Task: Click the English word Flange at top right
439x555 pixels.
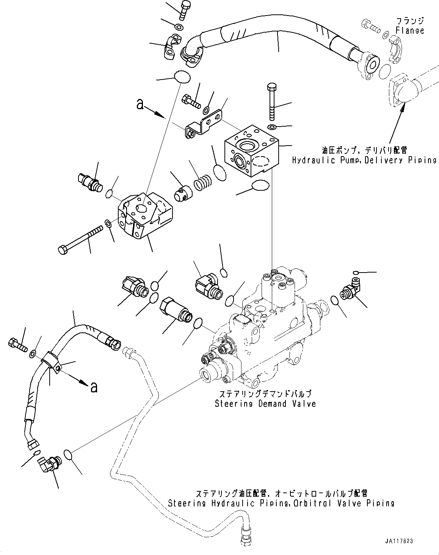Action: click(410, 31)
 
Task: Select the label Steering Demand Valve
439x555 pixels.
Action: click(265, 404)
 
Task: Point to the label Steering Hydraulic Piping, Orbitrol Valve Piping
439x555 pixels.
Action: click(281, 503)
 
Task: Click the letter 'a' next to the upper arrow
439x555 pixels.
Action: click(140, 104)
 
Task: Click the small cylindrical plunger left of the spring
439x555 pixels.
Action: click(183, 192)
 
